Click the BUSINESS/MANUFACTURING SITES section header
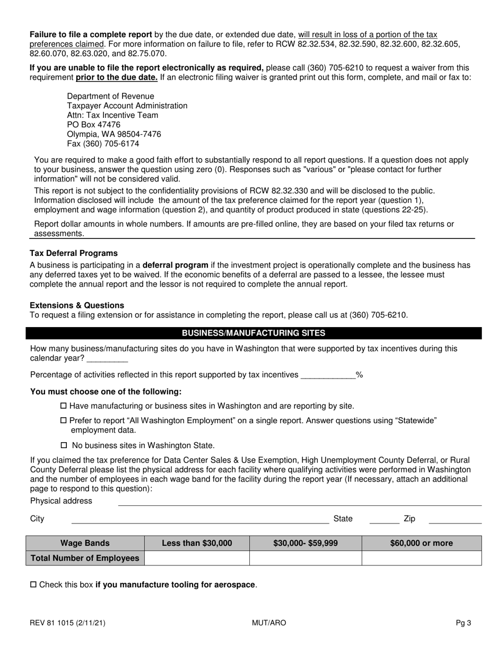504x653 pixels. [x=254, y=333]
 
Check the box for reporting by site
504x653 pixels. [x=64, y=406]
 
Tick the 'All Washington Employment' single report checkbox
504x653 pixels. [x=64, y=420]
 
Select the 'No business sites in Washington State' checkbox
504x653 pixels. [x=64, y=445]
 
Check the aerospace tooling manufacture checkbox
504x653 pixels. [x=33, y=585]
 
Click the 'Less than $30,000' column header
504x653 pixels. [x=197, y=543]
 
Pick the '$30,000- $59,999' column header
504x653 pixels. [x=306, y=543]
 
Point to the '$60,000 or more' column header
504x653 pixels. [x=422, y=543]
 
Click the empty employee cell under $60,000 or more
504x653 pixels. [x=422, y=558]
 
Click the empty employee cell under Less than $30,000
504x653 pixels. [x=197, y=558]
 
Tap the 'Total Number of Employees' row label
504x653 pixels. [x=85, y=558]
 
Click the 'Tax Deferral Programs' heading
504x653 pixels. [x=74, y=253]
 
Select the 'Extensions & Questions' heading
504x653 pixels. [x=77, y=305]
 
